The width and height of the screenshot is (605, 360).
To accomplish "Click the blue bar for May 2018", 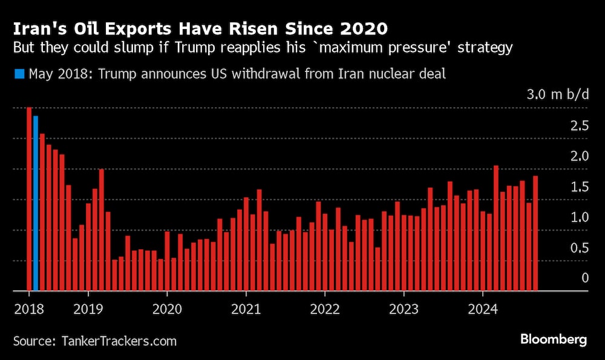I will [36, 203].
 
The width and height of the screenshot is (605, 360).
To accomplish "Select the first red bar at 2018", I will [29, 199].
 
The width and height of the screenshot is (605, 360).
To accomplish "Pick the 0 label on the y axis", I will [584, 278].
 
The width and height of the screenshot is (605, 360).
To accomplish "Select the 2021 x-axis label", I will [247, 309].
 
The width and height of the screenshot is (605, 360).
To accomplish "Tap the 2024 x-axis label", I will [483, 309].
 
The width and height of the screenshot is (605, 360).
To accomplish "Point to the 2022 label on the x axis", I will [325, 309].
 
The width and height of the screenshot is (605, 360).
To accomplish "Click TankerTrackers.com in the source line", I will [119, 341].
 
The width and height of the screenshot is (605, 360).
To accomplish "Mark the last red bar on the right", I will [535, 233].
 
